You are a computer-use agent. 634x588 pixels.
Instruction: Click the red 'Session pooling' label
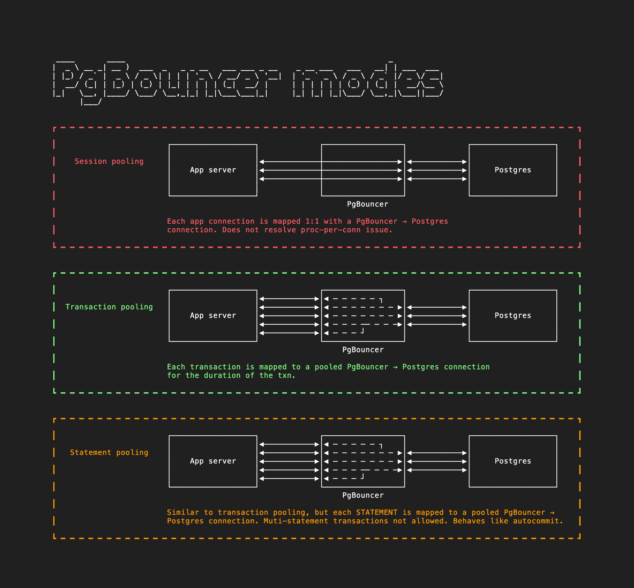(109, 161)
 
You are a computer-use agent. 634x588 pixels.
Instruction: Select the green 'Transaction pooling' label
(109, 307)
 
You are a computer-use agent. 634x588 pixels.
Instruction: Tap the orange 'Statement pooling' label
(109, 452)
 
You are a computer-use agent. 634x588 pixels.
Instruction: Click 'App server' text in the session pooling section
(213, 170)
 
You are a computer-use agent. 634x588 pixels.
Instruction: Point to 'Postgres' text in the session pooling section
(513, 170)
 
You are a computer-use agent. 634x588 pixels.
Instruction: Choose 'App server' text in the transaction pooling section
(213, 315)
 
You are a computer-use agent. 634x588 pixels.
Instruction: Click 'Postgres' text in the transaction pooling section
(513, 315)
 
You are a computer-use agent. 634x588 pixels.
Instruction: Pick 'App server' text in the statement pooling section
(213, 461)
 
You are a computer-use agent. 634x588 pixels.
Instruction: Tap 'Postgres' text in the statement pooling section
(513, 461)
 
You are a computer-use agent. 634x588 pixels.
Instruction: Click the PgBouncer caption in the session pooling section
(367, 204)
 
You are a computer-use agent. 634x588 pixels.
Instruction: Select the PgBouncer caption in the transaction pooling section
(363, 350)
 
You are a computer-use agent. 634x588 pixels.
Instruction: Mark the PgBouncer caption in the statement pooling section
(363, 495)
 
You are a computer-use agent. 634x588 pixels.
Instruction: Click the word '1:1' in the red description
(312, 221)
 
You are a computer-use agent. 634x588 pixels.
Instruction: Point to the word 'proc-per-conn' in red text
(331, 230)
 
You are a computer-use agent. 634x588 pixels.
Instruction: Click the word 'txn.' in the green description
(287, 375)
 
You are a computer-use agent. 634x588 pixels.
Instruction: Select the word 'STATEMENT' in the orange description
(377, 513)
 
